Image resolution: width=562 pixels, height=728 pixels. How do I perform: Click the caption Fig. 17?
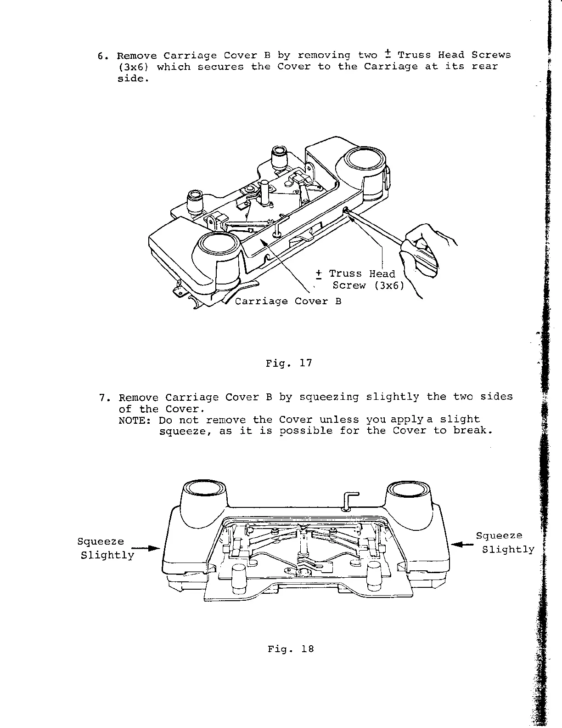point(289,363)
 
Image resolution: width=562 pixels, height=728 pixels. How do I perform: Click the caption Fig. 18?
point(291,649)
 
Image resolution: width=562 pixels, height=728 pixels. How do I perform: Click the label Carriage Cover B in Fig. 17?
point(288,301)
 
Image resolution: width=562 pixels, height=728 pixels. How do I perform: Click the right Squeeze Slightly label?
point(505,542)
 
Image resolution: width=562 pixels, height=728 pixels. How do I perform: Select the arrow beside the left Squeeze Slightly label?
point(146,548)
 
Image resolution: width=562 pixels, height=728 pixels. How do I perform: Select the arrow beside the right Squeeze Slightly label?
point(462,544)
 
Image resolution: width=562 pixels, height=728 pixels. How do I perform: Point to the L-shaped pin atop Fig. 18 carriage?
point(351,500)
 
